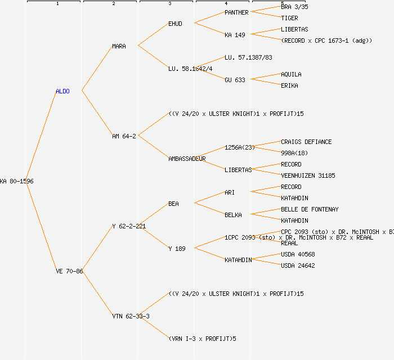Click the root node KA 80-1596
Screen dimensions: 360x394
point(17,181)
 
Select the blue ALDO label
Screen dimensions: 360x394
point(62,91)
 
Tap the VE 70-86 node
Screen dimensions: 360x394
point(69,271)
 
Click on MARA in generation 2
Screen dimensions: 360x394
point(119,46)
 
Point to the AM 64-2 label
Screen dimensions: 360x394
point(124,136)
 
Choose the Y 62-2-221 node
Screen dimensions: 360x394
point(129,226)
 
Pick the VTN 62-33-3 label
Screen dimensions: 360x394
point(131,316)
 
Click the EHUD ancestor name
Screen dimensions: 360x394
point(175,24)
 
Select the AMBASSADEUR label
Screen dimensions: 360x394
point(187,159)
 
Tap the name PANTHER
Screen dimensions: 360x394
point(236,12)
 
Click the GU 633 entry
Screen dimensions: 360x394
point(235,80)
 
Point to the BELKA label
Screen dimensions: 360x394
point(233,215)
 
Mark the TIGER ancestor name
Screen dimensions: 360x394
point(289,18)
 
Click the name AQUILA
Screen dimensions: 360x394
point(291,74)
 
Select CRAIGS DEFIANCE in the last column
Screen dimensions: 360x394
point(306,142)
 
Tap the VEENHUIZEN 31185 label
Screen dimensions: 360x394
point(308,175)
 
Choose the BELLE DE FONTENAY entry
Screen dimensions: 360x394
point(310,209)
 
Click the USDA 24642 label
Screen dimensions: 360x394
point(298,265)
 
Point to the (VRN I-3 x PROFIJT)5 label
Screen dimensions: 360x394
point(202,339)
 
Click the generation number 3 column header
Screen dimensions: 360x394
point(169,4)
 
